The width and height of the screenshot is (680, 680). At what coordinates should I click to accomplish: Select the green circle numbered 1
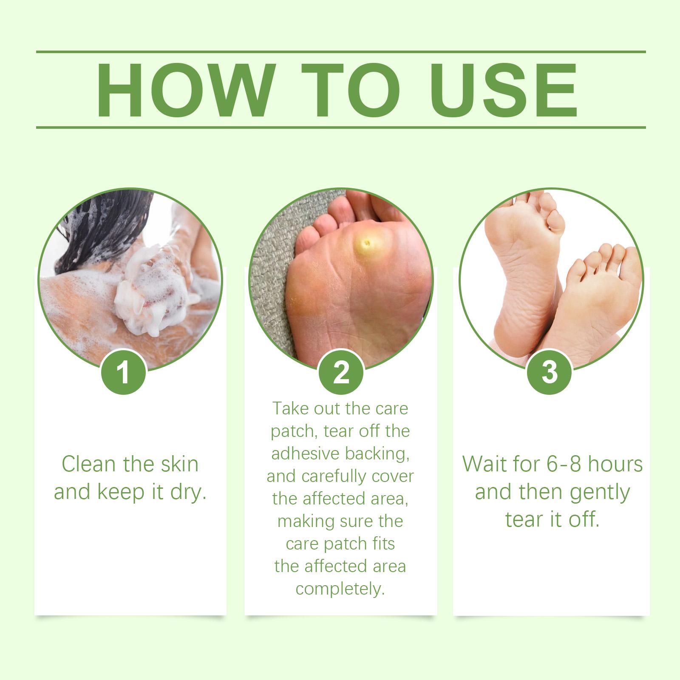click(123, 372)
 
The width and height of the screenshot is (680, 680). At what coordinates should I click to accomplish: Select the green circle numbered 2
click(341, 372)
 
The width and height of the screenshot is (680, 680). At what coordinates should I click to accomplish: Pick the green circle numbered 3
click(550, 372)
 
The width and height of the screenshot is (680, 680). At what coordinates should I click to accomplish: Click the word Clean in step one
click(89, 463)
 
